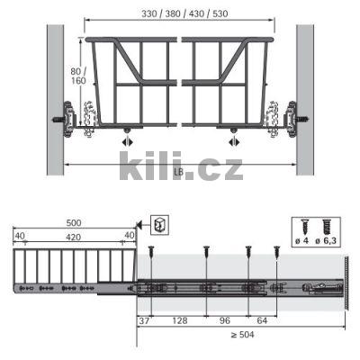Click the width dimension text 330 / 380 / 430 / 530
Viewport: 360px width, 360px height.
click(x=184, y=13)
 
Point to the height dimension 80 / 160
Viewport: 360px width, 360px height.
click(x=78, y=76)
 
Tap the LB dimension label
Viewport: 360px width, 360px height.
click(x=178, y=171)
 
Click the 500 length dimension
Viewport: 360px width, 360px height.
click(x=74, y=223)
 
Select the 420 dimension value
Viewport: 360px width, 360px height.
click(x=74, y=238)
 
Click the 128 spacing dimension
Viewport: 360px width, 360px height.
click(x=180, y=320)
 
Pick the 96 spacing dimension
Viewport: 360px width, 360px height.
click(x=225, y=320)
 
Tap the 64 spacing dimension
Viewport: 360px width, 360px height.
click(x=262, y=320)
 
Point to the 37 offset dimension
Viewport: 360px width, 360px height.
click(x=144, y=320)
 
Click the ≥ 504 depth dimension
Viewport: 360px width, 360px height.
click(x=242, y=335)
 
